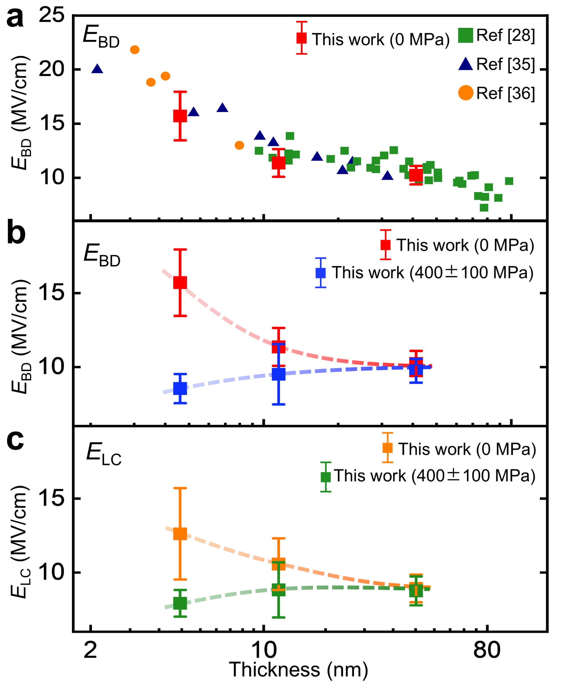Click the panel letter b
tap(16, 233)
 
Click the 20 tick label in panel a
tap(52, 69)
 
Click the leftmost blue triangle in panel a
tap(97, 69)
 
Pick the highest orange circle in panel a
tap(135, 50)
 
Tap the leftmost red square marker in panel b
tap(180, 283)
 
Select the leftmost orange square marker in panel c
tap(180, 534)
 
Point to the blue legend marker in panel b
tap(321, 273)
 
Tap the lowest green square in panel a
tap(484, 208)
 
